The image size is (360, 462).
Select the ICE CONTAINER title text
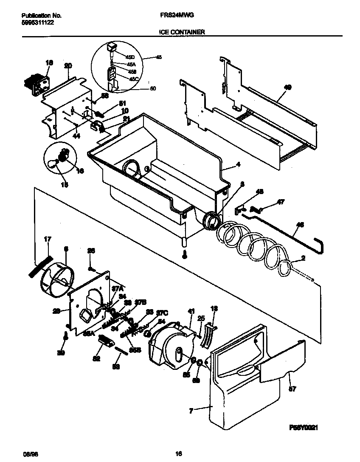tap(183, 32)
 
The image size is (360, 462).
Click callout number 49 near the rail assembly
tap(287, 87)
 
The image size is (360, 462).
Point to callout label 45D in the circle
tap(130, 56)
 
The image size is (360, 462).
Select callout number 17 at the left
tap(47, 240)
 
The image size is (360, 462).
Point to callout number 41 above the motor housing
tap(191, 311)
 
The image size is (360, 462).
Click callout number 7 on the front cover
tap(191, 411)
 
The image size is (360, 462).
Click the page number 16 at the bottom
tap(179, 454)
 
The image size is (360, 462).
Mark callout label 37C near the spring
tap(162, 313)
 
